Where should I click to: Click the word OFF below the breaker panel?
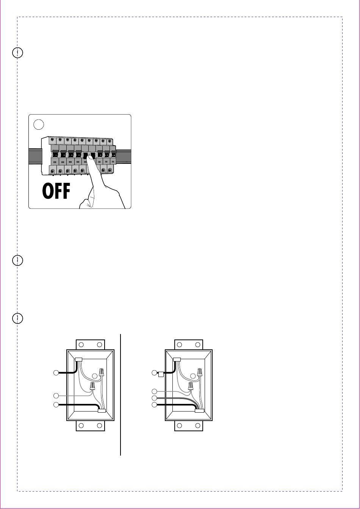(56, 192)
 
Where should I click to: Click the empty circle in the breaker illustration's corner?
(38, 124)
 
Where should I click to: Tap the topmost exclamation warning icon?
(17, 53)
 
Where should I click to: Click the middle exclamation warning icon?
(17, 260)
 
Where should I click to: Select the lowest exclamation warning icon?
(17, 318)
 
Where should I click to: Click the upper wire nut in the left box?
(102, 372)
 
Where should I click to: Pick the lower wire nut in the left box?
(92, 386)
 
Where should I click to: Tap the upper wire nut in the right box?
(200, 372)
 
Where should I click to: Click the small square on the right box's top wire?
(161, 374)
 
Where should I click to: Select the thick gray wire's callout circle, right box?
(154, 398)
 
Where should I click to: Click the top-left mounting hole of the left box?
(81, 345)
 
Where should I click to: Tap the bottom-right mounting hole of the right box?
(197, 426)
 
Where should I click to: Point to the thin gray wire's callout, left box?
(56, 395)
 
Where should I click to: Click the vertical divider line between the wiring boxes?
(121, 394)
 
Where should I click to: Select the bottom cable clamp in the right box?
(199, 410)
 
